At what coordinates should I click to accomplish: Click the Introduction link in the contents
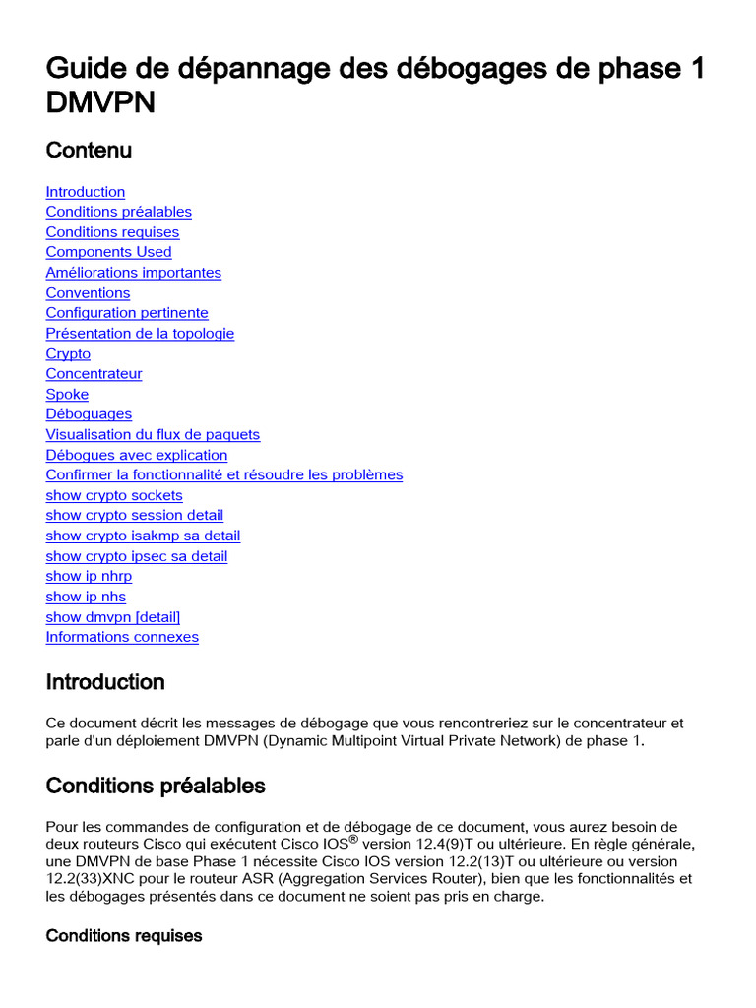pyautogui.click(x=86, y=192)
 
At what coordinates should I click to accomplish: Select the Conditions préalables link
pyautogui.click(x=118, y=212)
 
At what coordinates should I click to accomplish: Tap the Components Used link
pyautogui.click(x=108, y=252)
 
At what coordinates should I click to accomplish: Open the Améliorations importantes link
pyautogui.click(x=133, y=273)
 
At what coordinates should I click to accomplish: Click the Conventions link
pyautogui.click(x=88, y=293)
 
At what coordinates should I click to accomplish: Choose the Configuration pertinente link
pyautogui.click(x=127, y=313)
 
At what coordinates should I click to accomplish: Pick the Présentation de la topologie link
pyautogui.click(x=140, y=334)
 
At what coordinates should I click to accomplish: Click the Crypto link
pyautogui.click(x=68, y=354)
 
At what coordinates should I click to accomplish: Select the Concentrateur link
pyautogui.click(x=94, y=374)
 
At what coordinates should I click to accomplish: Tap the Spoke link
pyautogui.click(x=67, y=395)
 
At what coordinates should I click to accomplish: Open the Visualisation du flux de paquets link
pyautogui.click(x=153, y=434)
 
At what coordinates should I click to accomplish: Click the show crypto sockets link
pyautogui.click(x=114, y=495)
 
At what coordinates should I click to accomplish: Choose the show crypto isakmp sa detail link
pyautogui.click(x=143, y=535)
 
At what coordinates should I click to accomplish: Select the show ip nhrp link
pyautogui.click(x=89, y=576)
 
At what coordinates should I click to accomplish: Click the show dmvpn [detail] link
pyautogui.click(x=113, y=617)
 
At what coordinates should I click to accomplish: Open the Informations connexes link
pyautogui.click(x=122, y=637)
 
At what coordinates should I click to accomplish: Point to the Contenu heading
pyautogui.click(x=89, y=151)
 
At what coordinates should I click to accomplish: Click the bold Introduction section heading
pyautogui.click(x=105, y=682)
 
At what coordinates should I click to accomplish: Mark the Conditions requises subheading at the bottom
pyautogui.click(x=124, y=935)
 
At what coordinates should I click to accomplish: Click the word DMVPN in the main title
pyautogui.click(x=100, y=102)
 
